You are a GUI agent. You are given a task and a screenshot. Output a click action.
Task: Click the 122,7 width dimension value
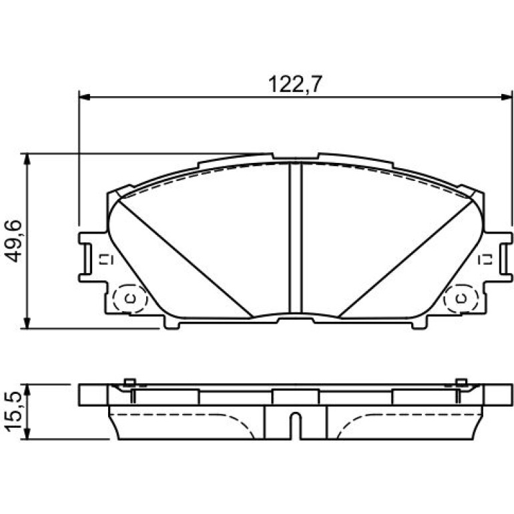click(295, 84)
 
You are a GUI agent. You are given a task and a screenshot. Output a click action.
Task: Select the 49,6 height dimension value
click(13, 241)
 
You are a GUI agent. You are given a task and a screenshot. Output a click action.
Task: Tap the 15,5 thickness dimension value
click(13, 412)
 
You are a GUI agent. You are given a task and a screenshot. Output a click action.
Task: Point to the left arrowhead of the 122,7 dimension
click(85, 97)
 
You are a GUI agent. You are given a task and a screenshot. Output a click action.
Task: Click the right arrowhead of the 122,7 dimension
click(507, 97)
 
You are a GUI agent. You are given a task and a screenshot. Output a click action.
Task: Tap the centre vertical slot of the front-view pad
click(295, 238)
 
